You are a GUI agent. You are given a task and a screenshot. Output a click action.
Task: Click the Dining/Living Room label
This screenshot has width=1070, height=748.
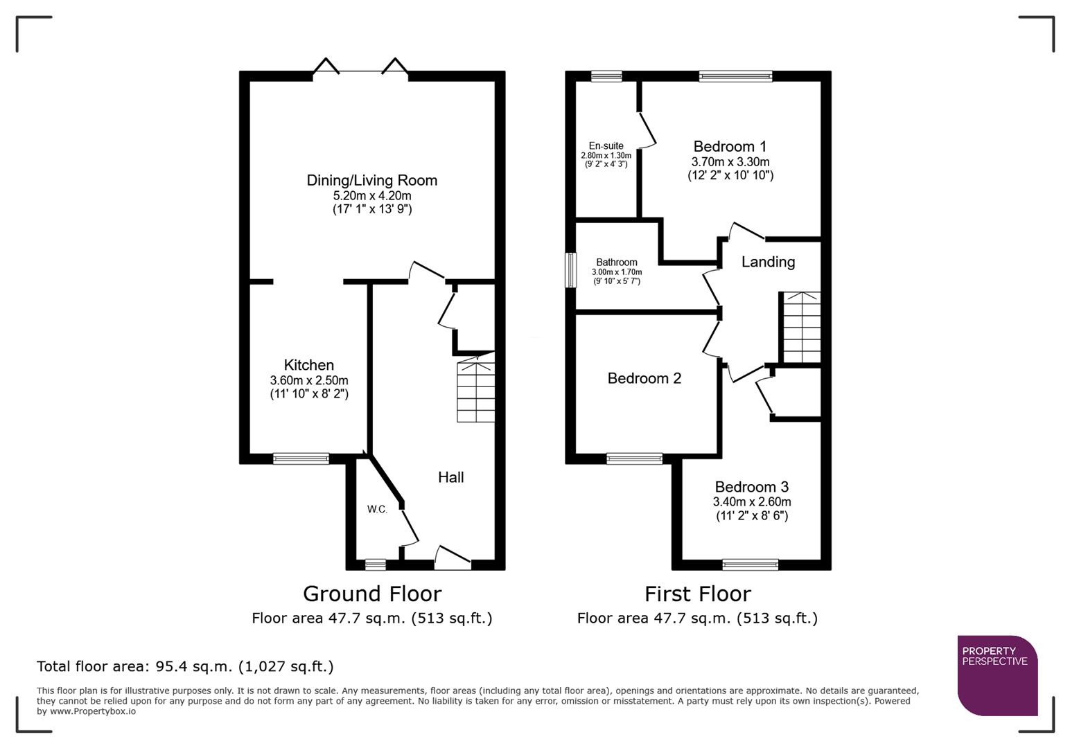371,181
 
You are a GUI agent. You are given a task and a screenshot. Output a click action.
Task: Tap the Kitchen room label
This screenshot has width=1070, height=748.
308,365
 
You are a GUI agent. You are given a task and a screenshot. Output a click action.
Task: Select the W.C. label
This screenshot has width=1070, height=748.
377,509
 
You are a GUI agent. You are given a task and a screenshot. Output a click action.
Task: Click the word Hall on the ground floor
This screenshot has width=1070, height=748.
450,477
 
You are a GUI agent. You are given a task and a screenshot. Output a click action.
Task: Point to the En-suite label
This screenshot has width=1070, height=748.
606,146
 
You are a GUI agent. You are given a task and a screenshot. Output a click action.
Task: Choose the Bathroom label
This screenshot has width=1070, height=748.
616,262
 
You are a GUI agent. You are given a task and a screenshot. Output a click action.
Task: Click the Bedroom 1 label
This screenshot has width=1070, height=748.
730,147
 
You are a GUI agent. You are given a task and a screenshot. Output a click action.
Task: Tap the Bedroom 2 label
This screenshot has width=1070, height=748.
644,378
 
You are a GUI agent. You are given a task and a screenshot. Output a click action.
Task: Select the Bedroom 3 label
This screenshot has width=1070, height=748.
751,487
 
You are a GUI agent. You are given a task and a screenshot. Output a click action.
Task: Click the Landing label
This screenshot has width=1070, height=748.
768,262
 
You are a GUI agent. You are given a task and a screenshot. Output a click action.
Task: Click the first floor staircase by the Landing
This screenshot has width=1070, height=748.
801,328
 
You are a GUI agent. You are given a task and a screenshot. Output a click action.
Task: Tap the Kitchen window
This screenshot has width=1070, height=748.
301,458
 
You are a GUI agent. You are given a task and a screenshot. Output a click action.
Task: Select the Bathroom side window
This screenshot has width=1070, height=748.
571,270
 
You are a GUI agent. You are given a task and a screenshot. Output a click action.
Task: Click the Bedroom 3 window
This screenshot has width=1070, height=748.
750,565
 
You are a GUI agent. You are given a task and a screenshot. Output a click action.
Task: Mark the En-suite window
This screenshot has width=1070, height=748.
606,76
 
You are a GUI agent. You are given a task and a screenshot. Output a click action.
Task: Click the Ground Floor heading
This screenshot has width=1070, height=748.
371,594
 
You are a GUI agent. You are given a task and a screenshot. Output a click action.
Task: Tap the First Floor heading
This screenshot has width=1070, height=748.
697,594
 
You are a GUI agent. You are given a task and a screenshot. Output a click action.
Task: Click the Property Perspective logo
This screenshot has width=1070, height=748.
997,675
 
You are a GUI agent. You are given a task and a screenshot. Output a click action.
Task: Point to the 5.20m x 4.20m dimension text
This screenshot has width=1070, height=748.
371,196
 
